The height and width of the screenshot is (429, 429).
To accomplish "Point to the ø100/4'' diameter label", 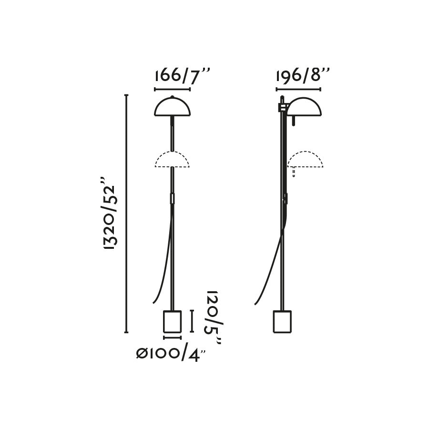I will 171,354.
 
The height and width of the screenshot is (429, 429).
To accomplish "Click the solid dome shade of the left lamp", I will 172,107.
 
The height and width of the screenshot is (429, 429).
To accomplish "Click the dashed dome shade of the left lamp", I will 172,160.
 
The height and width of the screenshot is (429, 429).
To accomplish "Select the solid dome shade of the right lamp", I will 304,107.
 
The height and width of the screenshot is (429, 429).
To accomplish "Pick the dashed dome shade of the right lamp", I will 305,160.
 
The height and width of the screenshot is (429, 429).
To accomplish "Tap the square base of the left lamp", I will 172,321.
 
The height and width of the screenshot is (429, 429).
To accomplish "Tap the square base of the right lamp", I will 282,321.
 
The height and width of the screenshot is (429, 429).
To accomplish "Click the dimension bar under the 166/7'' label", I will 172,89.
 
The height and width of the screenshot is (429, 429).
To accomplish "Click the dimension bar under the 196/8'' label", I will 298,89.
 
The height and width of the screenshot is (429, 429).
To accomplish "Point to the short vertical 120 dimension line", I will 192,321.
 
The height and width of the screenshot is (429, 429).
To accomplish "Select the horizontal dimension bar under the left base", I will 172,337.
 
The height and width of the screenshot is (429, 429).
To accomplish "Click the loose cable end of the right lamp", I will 256,303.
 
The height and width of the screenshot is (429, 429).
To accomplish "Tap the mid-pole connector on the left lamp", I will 172,198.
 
